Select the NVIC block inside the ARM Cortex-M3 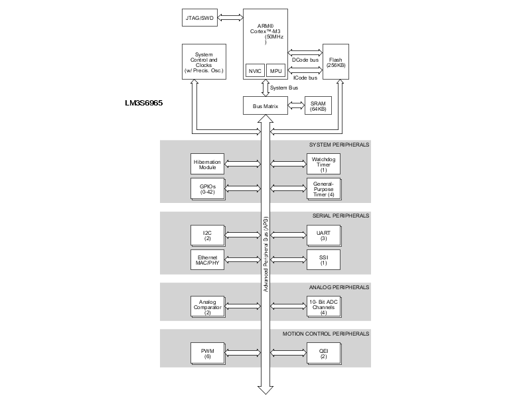[x=254, y=70]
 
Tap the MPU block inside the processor [x=275, y=70]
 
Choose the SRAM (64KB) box [x=318, y=105]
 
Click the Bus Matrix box [x=265, y=105]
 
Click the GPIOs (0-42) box [x=206, y=188]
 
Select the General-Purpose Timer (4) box [x=323, y=188]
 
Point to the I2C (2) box [x=206, y=235]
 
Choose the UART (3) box [x=323, y=235]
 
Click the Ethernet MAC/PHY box [x=206, y=259]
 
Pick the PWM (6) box [x=206, y=352]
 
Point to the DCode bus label [x=305, y=60]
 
